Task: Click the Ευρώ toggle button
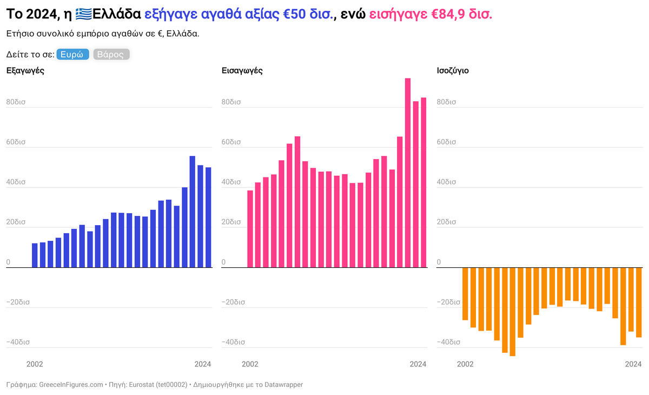(72, 55)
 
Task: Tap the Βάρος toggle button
(111, 55)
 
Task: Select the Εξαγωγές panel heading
(25, 70)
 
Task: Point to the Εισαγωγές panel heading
(242, 70)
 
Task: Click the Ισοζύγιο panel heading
(452, 70)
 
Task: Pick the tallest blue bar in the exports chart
(192, 212)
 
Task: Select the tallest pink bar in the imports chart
(408, 173)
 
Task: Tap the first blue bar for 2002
(35, 255)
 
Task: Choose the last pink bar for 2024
(423, 182)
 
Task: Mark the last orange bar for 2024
(639, 302)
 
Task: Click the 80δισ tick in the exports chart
(16, 102)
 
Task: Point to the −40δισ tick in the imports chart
(234, 342)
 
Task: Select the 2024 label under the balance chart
(633, 364)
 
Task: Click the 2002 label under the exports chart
(35, 364)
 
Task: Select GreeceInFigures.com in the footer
(71, 385)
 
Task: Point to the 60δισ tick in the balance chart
(446, 142)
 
